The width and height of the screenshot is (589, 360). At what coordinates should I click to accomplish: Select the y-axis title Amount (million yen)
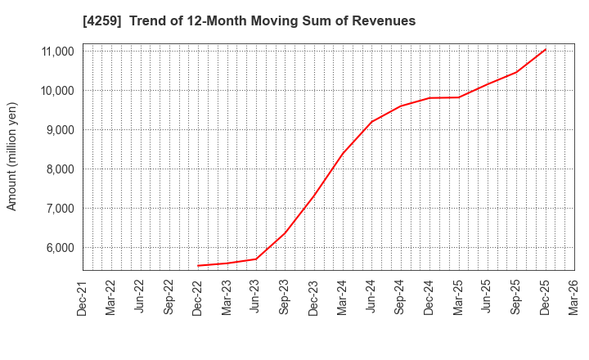(12, 156)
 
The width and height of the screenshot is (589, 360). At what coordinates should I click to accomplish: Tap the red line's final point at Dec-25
(546, 49)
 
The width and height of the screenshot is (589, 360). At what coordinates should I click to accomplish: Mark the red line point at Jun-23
(256, 259)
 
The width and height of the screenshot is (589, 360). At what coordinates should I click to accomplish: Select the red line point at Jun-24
(371, 122)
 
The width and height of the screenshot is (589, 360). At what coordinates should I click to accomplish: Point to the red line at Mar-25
(459, 97)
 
